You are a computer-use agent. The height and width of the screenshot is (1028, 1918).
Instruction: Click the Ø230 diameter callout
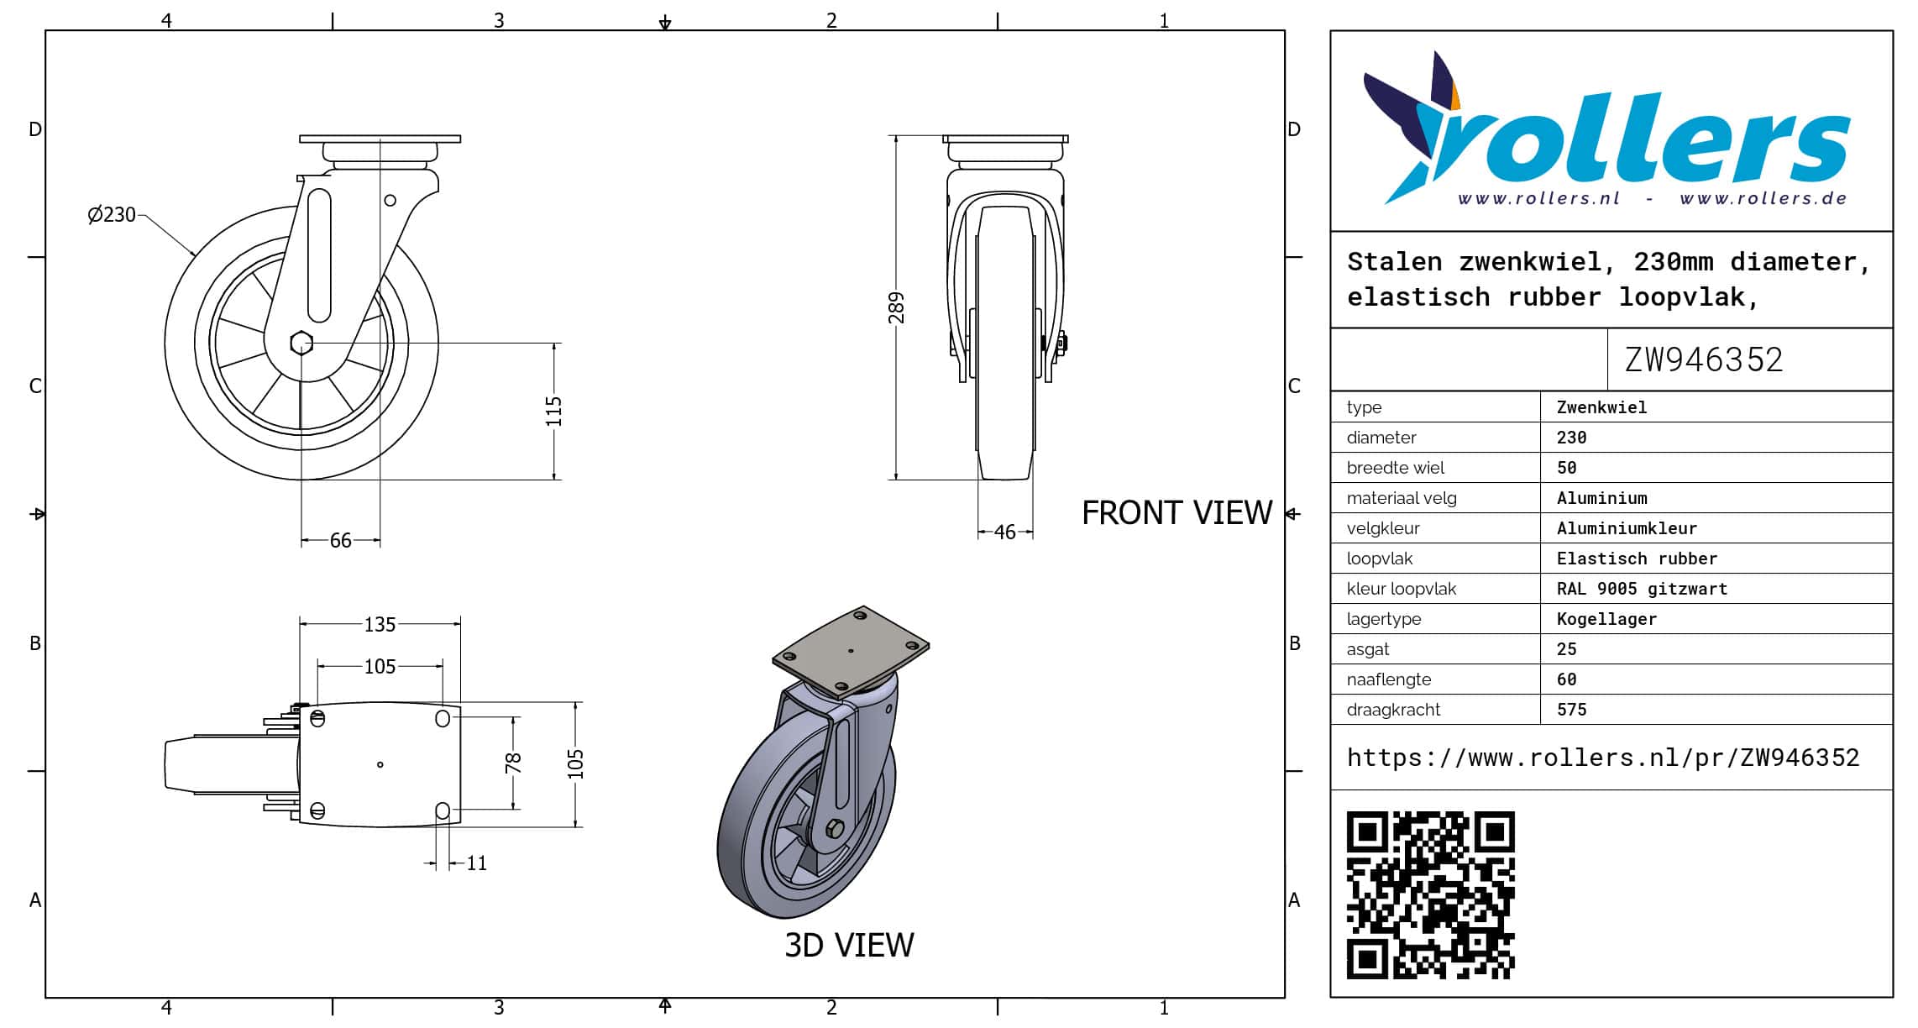click(x=112, y=215)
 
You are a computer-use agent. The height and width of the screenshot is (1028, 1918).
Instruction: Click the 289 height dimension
click(x=897, y=308)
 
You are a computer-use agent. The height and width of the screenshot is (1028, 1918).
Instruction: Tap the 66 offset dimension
click(x=340, y=541)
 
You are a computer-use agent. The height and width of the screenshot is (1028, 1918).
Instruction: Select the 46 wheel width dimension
click(x=1004, y=532)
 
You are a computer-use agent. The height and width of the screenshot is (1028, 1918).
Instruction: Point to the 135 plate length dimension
click(x=380, y=625)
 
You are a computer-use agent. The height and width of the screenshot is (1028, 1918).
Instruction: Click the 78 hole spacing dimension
click(x=513, y=763)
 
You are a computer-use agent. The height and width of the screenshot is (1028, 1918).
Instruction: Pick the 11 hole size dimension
click(x=476, y=863)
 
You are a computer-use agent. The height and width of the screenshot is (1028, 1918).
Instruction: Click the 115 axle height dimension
click(x=553, y=412)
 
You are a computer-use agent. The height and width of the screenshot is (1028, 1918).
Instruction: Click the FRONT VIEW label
click(x=1176, y=513)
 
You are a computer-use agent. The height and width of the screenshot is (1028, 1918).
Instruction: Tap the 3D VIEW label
click(x=849, y=946)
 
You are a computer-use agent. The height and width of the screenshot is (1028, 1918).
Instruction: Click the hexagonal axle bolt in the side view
click(x=301, y=343)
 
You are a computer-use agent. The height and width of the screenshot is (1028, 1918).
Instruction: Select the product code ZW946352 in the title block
click(x=1704, y=360)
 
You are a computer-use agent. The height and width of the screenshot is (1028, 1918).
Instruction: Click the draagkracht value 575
click(x=1572, y=710)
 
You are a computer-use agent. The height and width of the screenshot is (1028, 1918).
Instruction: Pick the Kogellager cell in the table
click(x=1606, y=619)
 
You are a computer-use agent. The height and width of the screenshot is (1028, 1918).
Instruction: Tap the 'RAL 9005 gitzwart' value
click(x=1642, y=589)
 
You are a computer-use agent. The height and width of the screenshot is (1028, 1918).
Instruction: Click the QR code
click(x=1431, y=895)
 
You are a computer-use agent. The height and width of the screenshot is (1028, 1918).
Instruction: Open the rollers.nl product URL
click(x=1603, y=758)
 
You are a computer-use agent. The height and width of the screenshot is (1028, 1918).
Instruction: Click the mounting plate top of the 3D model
click(x=851, y=652)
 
